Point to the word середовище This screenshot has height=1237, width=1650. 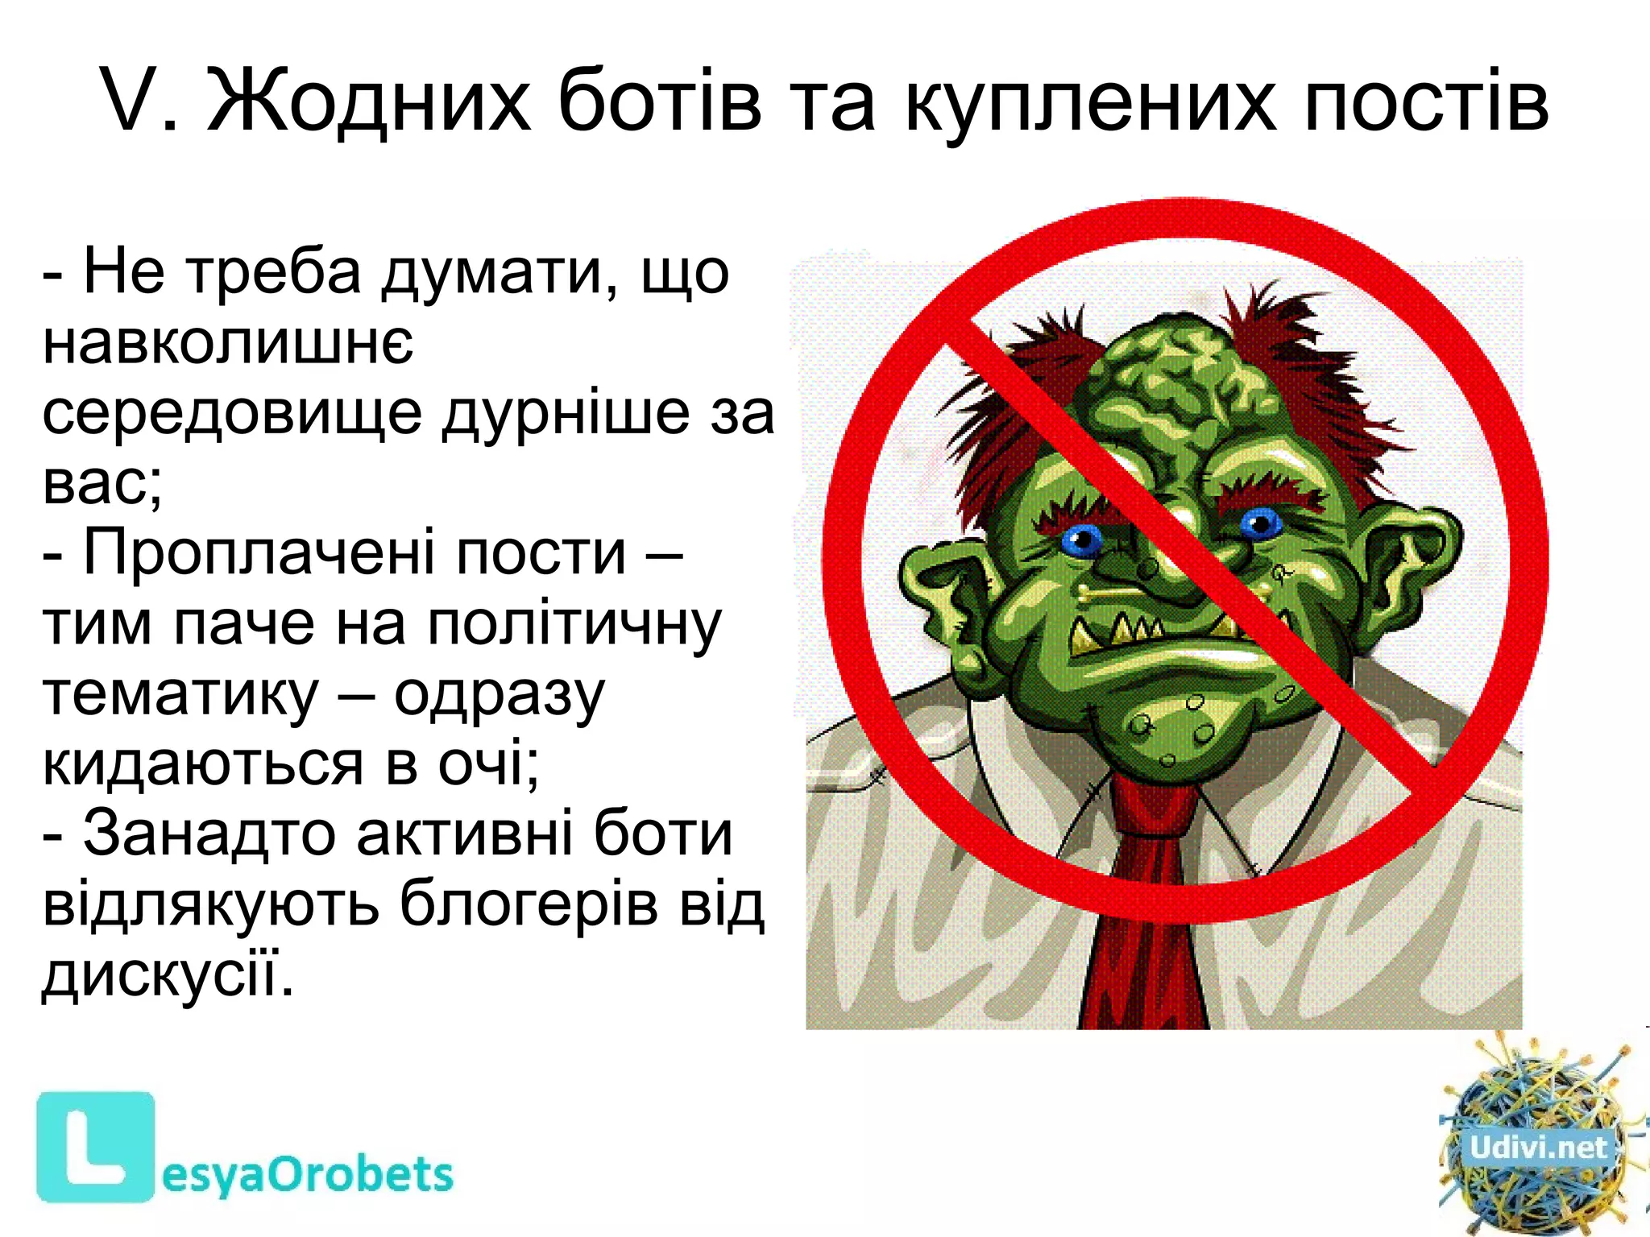pyautogui.click(x=232, y=413)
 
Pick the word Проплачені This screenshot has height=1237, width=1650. pyautogui.click(x=354, y=553)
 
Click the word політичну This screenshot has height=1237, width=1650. pyautogui.click(x=574, y=624)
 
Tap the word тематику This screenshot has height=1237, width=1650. pyautogui.click(x=180, y=694)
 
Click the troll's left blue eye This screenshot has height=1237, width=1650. pyautogui.click(x=1083, y=540)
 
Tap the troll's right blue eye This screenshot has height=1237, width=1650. pyautogui.click(x=1260, y=524)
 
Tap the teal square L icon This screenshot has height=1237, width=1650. pyautogui.click(x=95, y=1147)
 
